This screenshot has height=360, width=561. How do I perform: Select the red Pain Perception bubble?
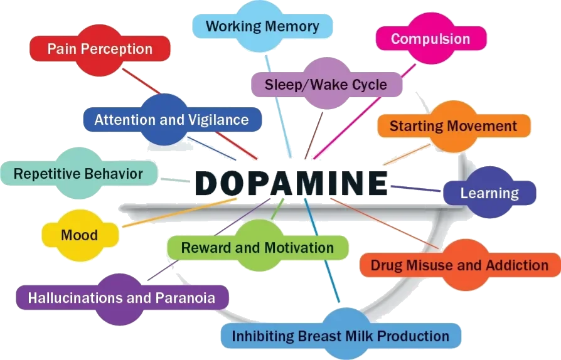[100, 49]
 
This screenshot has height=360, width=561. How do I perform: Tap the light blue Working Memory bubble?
[262, 26]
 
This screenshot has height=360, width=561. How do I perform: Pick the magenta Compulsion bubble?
[430, 39]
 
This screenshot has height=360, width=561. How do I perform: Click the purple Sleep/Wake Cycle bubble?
[326, 84]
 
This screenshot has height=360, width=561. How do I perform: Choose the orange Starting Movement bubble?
[453, 126]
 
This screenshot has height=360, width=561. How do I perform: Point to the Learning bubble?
[489, 193]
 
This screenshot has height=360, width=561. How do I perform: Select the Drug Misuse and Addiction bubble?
[459, 265]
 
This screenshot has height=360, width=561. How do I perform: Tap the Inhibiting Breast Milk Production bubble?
[341, 336]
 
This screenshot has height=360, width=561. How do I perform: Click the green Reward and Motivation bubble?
[257, 248]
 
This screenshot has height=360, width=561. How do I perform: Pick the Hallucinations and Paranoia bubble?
[122, 297]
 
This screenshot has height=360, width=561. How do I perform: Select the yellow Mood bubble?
[80, 235]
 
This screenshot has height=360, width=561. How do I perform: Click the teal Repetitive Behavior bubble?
[78, 173]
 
